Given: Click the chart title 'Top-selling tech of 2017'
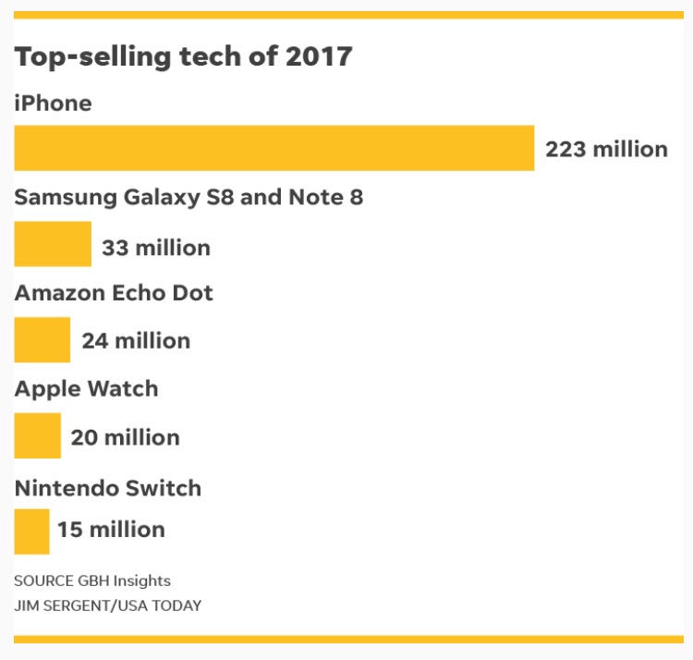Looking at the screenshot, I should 183,56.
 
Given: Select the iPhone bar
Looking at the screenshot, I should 274,148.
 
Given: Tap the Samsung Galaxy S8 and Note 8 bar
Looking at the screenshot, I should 53,244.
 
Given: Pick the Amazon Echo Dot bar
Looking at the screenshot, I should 42,339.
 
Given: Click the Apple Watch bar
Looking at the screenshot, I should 37,435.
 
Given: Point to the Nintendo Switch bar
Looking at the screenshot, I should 31,532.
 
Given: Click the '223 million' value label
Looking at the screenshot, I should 606,149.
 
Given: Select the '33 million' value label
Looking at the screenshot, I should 156,248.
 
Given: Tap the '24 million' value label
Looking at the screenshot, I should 136,340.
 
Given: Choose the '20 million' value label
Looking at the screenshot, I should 125,436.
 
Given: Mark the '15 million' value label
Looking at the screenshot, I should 111,530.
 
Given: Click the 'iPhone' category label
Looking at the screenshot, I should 53,103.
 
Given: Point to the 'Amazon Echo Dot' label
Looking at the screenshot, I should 114,293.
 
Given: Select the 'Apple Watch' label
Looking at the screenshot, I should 86,388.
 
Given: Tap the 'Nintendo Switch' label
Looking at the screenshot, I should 107,487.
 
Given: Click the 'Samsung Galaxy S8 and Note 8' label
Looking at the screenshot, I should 188,198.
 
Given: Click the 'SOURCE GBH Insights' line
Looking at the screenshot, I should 92,581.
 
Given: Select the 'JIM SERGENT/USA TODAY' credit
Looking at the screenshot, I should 107,605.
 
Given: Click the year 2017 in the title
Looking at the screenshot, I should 318,56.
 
